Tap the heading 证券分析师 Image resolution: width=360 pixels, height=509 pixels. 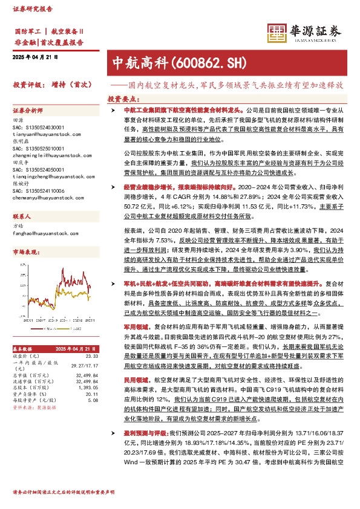28,111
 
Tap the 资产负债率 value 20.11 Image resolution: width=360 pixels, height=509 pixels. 91,392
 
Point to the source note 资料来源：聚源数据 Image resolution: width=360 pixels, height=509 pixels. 31,407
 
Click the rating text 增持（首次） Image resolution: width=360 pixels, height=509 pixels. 66,85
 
